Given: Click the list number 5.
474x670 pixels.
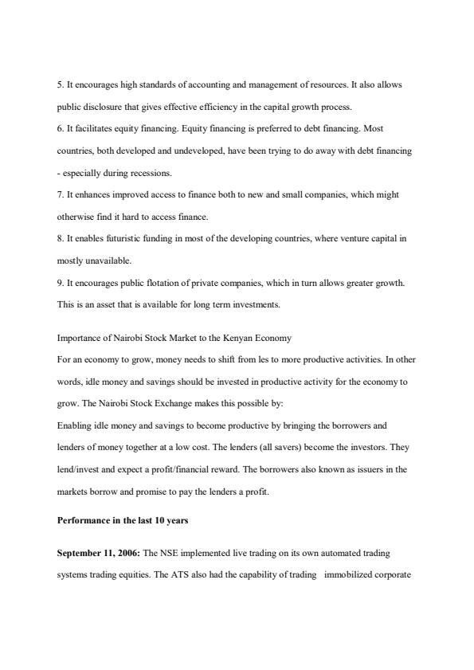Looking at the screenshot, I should point(60,84).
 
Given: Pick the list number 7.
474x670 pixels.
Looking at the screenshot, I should point(60,195).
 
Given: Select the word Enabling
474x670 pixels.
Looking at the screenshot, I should point(75,426).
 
